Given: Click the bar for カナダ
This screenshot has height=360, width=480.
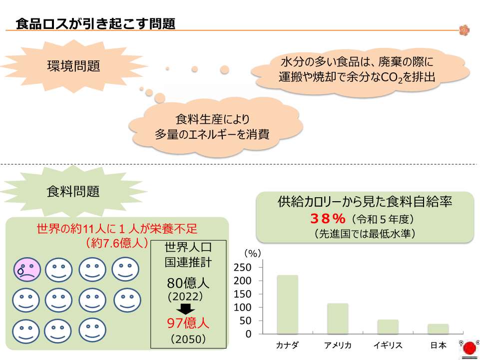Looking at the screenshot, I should point(287,304).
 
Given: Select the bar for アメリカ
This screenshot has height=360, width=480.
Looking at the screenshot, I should point(338,319).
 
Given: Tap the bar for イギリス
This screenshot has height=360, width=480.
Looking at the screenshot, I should point(388,327).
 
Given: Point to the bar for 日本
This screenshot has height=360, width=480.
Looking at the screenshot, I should point(438,329).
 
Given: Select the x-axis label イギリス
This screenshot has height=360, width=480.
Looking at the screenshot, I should point(388,346).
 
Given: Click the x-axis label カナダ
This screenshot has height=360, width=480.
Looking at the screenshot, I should point(287,346).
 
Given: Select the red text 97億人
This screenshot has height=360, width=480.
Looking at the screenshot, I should point(188,323).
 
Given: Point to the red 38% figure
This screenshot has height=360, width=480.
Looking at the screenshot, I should point(328,219).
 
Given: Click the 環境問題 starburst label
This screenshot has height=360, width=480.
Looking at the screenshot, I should point(73,65).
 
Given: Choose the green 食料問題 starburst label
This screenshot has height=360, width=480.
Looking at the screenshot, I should point(73,191).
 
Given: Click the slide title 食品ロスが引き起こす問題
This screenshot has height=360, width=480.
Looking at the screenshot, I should point(95,23).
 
